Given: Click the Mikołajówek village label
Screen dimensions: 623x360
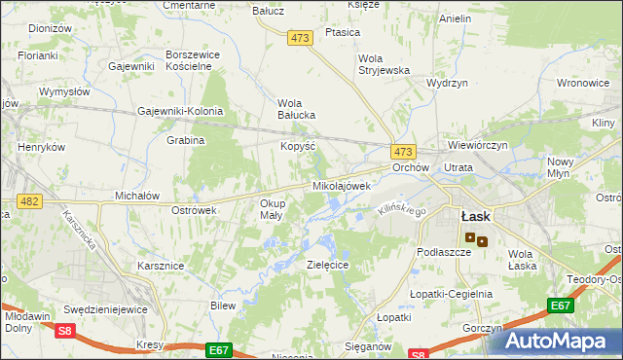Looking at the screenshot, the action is [341, 185].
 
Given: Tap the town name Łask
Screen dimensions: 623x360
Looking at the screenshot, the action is [475, 216].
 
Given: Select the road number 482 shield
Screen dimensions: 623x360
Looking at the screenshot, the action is [28, 200].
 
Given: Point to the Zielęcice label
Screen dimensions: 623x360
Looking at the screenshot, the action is [327, 265].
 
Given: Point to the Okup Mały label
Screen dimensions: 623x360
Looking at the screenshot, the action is [272, 209].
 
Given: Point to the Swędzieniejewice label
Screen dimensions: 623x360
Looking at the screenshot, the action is [105, 308].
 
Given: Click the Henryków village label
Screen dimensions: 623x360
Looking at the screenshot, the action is [41, 147].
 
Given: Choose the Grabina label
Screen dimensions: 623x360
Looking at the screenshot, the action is [185, 140].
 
